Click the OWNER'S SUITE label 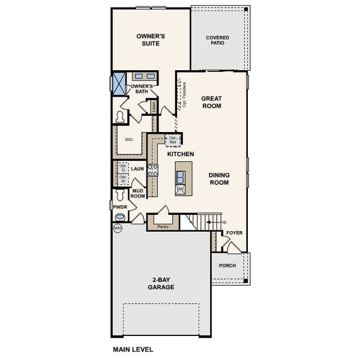(x=151, y=40)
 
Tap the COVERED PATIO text (x=217, y=40)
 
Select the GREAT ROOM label (x=211, y=102)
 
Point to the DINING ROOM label (x=219, y=179)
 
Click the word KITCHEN (x=180, y=154)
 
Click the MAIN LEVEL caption (x=133, y=349)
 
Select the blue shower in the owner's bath (x=119, y=80)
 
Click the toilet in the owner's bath (x=120, y=116)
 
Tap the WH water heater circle (x=118, y=229)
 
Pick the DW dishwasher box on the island (x=180, y=189)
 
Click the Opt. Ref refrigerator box (x=173, y=139)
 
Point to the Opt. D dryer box (x=122, y=168)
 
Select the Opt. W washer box (x=122, y=179)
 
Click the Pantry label (x=161, y=226)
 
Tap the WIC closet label (x=128, y=139)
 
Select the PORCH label (x=227, y=265)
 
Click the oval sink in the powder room (x=121, y=216)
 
